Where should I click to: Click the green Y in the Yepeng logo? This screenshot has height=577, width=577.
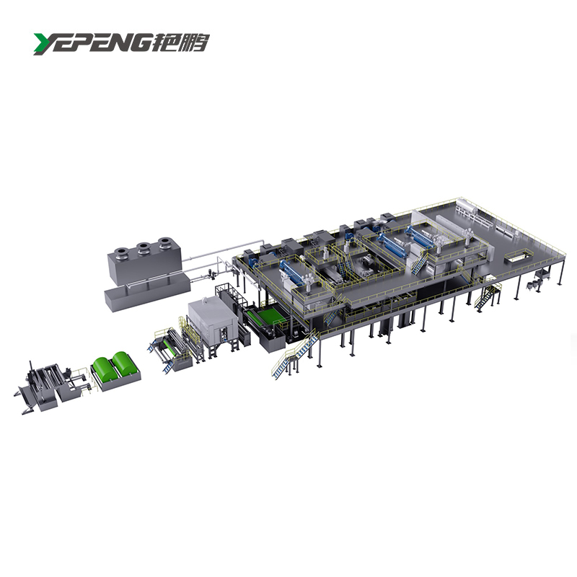(x=44, y=43)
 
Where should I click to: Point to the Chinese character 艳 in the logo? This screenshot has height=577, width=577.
(x=165, y=43)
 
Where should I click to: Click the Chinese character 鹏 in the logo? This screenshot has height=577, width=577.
(x=195, y=43)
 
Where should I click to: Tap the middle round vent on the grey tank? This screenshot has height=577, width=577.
(x=143, y=246)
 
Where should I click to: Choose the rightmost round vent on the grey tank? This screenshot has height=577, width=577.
(x=164, y=241)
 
